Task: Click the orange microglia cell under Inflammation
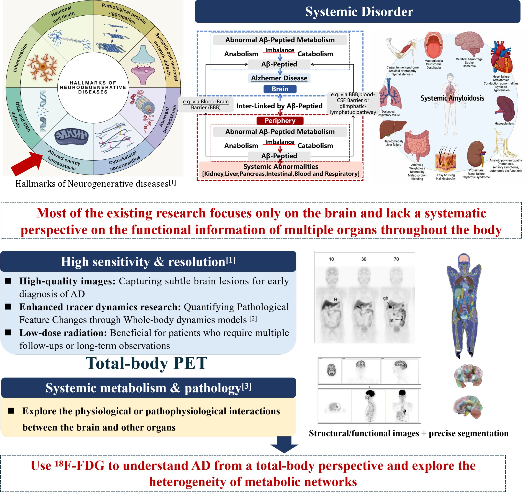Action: coord(43,68)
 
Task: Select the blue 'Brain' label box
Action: coord(280,89)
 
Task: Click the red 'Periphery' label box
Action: coord(280,121)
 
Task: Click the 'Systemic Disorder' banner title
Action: coord(359,12)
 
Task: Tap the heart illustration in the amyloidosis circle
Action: coord(501,57)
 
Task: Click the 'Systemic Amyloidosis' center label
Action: coord(452,98)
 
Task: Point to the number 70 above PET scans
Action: coord(396,259)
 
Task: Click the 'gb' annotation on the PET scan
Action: coord(385,298)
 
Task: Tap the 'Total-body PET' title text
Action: coord(146,363)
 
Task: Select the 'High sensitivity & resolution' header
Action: coord(148,262)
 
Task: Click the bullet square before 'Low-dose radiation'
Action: coord(8,332)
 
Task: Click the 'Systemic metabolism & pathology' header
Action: coord(148,388)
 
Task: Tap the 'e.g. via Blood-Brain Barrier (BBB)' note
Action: coord(206,104)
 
